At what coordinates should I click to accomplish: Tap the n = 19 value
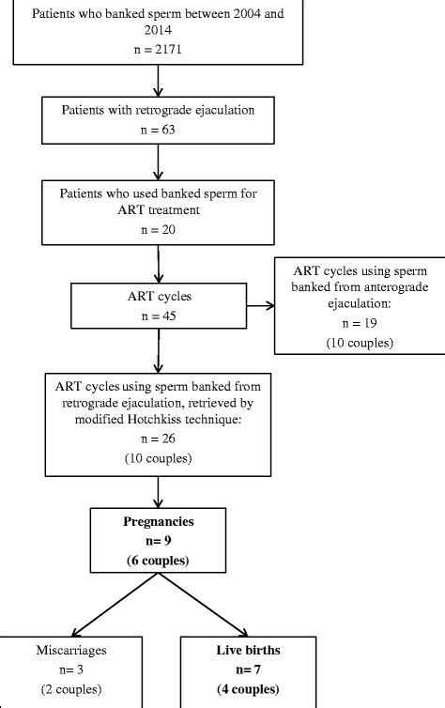click(x=358, y=323)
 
